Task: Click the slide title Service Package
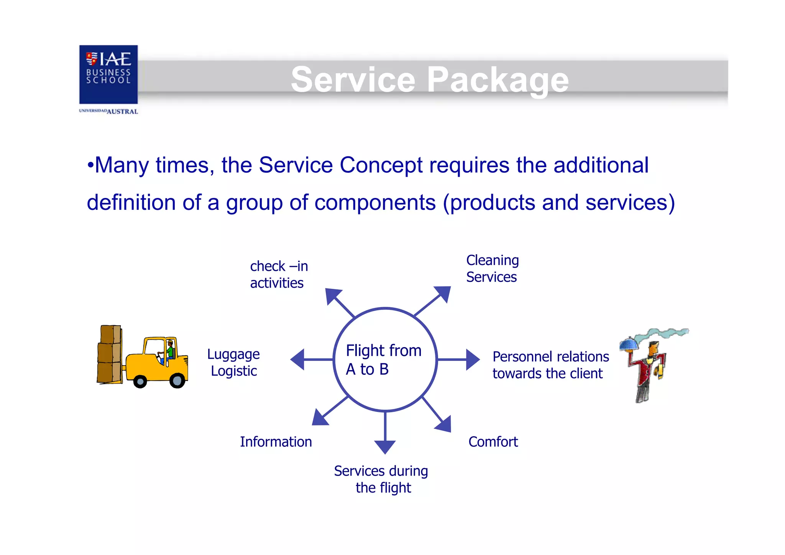tap(429, 79)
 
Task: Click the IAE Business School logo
tap(108, 74)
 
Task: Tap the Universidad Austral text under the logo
tap(108, 111)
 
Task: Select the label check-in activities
tap(279, 274)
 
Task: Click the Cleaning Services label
tap(492, 268)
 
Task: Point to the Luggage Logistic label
tap(233, 362)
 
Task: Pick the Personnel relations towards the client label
tap(550, 365)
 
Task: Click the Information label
tap(276, 442)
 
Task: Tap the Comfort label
tap(493, 442)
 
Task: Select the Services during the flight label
tap(381, 479)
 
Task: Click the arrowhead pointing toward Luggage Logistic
tap(298, 359)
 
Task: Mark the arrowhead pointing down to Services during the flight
tap(385, 446)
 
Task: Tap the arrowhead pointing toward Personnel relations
tap(472, 359)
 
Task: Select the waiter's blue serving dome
tap(629, 344)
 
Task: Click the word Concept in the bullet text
tap(381, 165)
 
